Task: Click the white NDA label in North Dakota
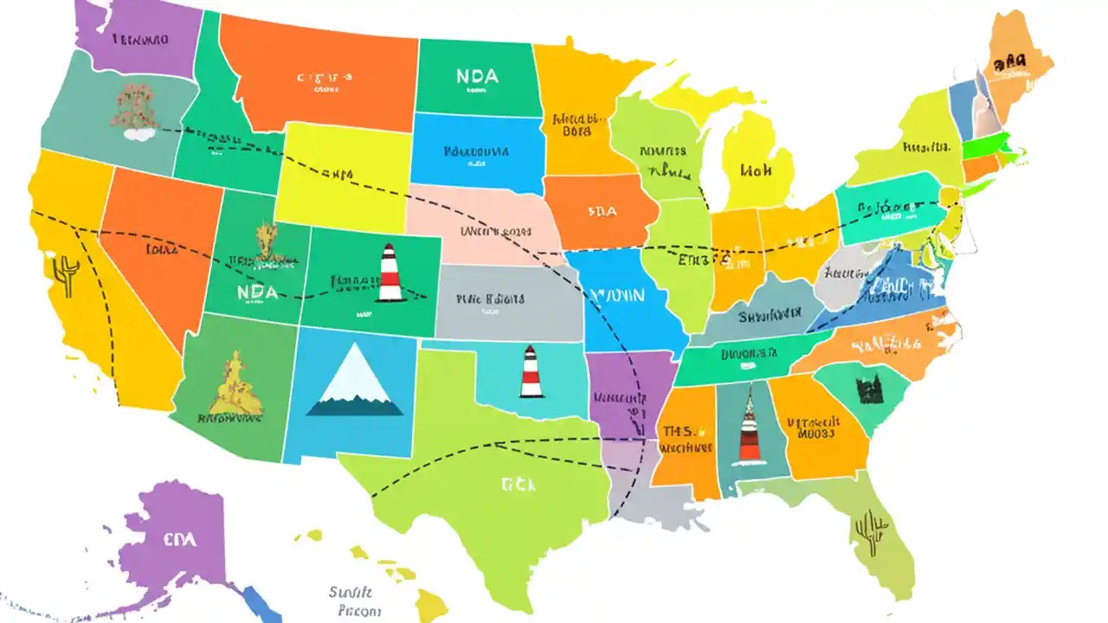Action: (x=477, y=76)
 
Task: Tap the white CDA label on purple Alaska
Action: (x=179, y=539)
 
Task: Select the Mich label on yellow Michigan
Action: (x=755, y=170)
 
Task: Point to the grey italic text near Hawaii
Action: (x=351, y=601)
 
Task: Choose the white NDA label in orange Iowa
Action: (x=602, y=210)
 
